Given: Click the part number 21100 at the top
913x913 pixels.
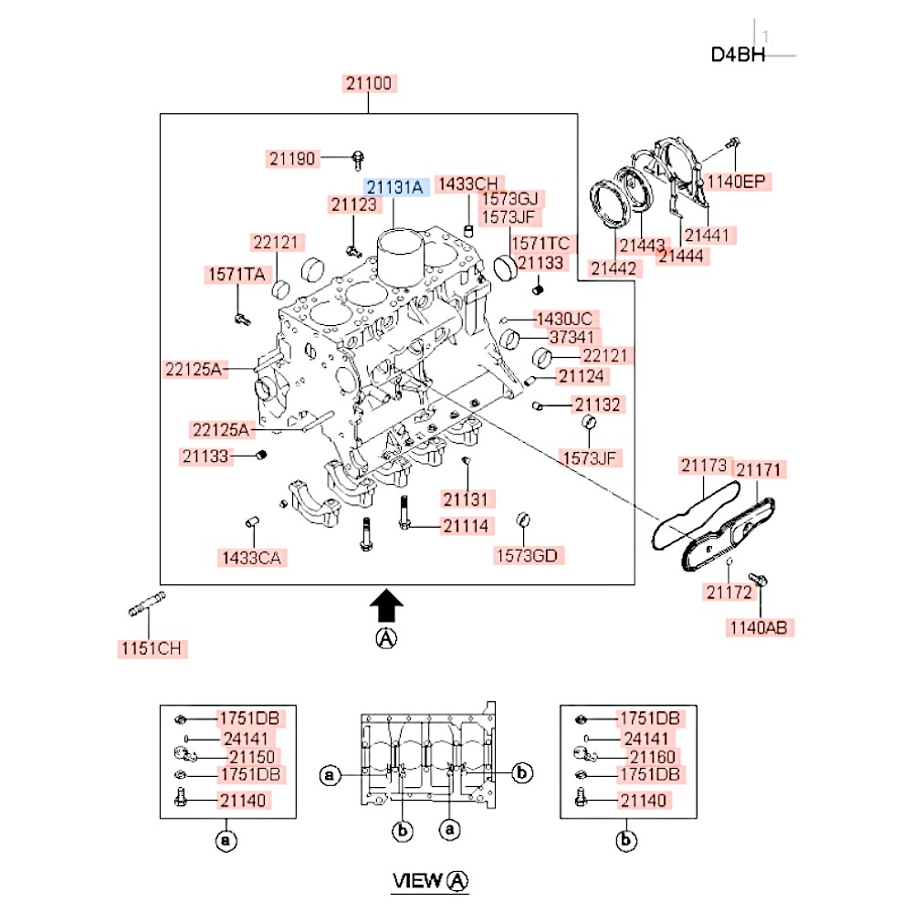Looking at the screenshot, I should pyautogui.click(x=369, y=84).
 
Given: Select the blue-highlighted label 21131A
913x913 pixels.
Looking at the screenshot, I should pyautogui.click(x=395, y=187).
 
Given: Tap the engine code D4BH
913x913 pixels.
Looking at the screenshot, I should pyautogui.click(x=738, y=55).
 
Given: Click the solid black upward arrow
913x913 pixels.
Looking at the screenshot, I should pyautogui.click(x=387, y=605).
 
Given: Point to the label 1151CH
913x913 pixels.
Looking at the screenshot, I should pyautogui.click(x=152, y=649).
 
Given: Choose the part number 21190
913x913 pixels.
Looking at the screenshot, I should pyautogui.click(x=292, y=159).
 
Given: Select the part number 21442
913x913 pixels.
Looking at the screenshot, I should pyautogui.click(x=614, y=268).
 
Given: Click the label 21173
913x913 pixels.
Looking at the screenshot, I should pyautogui.click(x=704, y=467).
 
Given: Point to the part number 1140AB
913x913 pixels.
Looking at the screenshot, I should pyautogui.click(x=760, y=627).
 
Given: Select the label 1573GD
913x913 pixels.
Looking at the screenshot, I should pyautogui.click(x=527, y=555).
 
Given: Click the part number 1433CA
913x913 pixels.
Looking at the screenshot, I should pyautogui.click(x=249, y=557).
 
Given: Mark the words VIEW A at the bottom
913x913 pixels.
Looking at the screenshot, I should pyautogui.click(x=430, y=881).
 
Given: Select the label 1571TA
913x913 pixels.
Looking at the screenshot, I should pyautogui.click(x=236, y=274).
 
